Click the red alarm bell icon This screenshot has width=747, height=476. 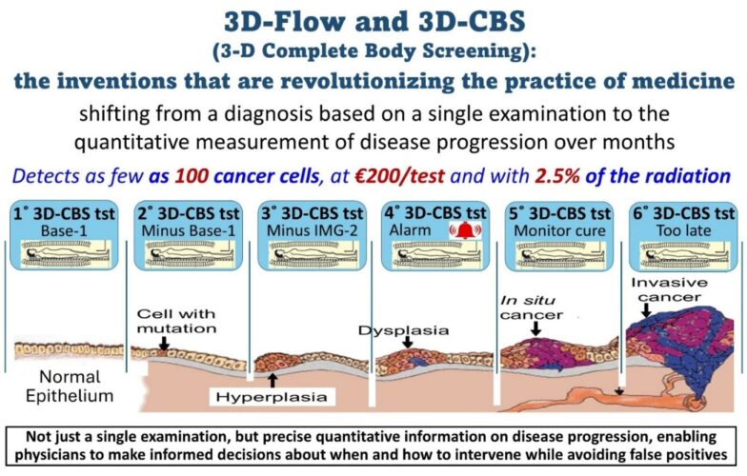pyautogui.click(x=465, y=230)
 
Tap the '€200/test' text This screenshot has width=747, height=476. pyautogui.click(x=400, y=176)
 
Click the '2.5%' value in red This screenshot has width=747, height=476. pyautogui.click(x=557, y=176)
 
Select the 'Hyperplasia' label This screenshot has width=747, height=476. pyautogui.click(x=272, y=397)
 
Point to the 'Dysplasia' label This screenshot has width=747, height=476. pyautogui.click(x=404, y=330)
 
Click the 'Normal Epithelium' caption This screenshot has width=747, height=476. pyautogui.click(x=70, y=387)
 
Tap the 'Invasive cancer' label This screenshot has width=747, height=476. pyautogui.click(x=669, y=289)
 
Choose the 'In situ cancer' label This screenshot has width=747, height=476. pyautogui.click(x=532, y=307)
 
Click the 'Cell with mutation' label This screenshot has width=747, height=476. pyautogui.click(x=176, y=322)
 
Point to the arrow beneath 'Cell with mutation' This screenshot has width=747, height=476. pyautogui.click(x=164, y=344)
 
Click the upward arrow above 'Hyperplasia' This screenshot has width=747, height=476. pyautogui.click(x=273, y=380)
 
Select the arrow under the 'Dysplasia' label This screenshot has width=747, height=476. pyautogui.click(x=408, y=342)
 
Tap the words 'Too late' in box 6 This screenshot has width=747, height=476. pyautogui.click(x=684, y=230)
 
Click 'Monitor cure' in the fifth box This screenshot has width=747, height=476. pyautogui.click(x=559, y=230)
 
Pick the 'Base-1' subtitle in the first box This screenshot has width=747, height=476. pyautogui.click(x=64, y=230)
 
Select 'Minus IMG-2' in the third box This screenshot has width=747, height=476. pyautogui.click(x=312, y=230)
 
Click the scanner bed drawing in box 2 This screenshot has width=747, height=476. pyautogui.click(x=189, y=253)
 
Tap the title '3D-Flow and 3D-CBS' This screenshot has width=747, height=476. pyautogui.click(x=374, y=21)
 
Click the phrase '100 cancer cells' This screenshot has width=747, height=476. pyautogui.click(x=247, y=176)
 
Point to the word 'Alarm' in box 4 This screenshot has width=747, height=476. pyautogui.click(x=410, y=230)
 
